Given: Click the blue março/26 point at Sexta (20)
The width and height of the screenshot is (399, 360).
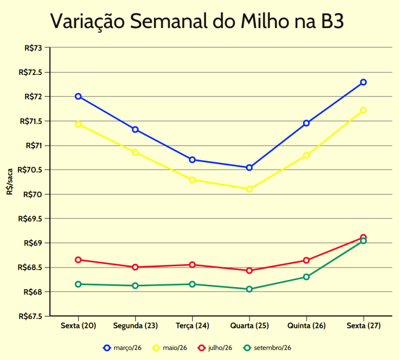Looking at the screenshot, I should (78, 96).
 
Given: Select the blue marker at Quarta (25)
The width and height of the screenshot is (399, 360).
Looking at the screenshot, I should (249, 168).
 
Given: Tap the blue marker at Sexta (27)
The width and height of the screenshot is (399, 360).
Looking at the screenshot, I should (364, 82).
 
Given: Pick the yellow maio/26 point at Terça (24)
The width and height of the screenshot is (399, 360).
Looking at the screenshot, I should (192, 180).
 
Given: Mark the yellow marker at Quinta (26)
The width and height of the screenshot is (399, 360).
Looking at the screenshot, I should (306, 155).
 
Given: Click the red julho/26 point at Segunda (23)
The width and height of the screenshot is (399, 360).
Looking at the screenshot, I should (135, 267).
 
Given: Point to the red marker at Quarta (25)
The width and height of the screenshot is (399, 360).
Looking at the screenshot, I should (249, 271).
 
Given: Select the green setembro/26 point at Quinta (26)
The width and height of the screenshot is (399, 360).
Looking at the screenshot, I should (306, 277).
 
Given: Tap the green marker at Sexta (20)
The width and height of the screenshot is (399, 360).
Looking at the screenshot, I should (78, 284).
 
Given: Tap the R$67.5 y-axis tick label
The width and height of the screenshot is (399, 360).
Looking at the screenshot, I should (30, 316).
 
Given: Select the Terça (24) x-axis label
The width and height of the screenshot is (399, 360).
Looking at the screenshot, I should (192, 326).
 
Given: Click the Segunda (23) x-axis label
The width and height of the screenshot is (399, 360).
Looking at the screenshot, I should (135, 326).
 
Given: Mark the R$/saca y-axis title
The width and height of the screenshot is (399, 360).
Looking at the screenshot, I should (9, 182).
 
